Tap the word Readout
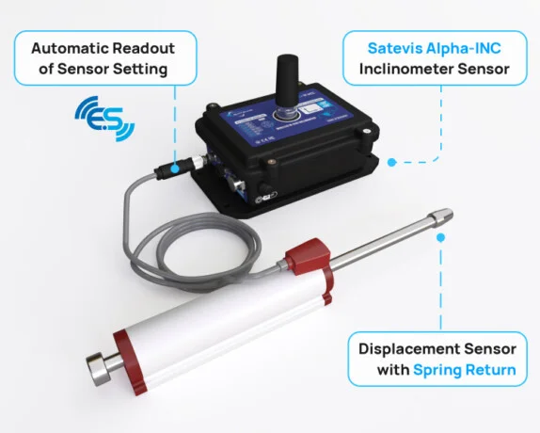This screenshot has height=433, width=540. coord(148,48)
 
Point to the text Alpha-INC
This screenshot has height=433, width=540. coord(464,48)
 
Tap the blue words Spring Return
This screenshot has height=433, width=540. coord(465,369)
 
